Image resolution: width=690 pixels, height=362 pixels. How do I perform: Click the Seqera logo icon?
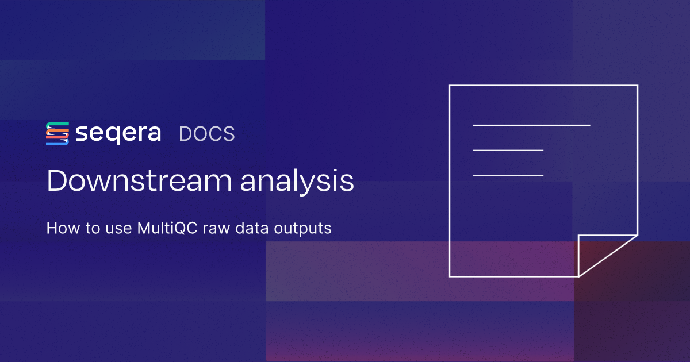[57, 134]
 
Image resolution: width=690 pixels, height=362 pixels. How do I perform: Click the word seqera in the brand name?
[118, 134]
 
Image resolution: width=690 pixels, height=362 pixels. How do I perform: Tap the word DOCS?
[206, 134]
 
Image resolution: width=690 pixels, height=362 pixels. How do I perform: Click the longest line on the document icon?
[531, 125]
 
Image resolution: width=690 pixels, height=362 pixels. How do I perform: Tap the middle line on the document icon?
[508, 151]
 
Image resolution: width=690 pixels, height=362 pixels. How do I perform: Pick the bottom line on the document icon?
[508, 175]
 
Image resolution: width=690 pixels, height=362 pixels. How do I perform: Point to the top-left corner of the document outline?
[450, 86]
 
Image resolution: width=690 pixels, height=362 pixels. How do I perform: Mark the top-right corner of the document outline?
[637, 86]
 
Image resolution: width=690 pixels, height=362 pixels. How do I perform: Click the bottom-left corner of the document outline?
[450, 276]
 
